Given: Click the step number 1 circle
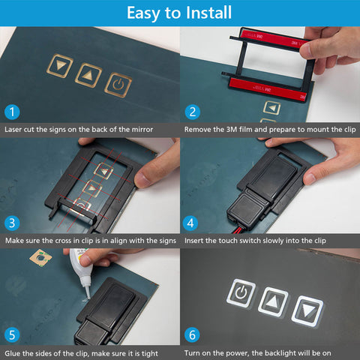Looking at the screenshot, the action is [12, 112].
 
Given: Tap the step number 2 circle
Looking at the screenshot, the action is [192, 112].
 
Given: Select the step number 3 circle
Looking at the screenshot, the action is [12, 223].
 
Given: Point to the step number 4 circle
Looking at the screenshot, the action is [190, 223].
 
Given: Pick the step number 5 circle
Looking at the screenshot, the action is [12, 334].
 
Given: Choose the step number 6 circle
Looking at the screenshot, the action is [192, 334].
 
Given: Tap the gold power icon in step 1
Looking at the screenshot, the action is [118, 85].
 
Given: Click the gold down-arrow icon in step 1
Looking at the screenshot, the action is [60, 66].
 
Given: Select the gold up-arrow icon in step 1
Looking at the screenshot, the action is [88, 75].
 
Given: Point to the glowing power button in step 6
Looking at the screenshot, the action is [241, 292].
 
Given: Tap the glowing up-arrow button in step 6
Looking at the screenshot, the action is [273, 302].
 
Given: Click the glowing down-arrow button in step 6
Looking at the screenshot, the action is [307, 311].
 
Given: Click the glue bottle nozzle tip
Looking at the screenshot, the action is [88, 298].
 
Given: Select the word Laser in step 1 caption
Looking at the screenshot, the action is [12, 130].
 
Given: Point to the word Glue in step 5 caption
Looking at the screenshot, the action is [13, 353].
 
